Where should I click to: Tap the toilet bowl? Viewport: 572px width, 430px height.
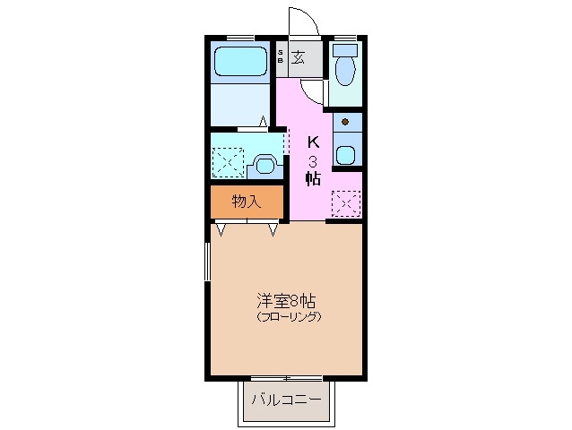[345, 70]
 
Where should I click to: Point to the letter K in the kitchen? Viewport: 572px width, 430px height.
[313, 141]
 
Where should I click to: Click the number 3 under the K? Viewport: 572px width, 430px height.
[313, 160]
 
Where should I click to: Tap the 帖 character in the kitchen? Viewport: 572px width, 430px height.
[313, 179]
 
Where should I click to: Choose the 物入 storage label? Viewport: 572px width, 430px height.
[246, 201]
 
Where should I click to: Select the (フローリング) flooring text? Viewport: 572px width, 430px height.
[287, 317]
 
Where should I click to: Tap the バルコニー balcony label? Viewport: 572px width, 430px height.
[287, 399]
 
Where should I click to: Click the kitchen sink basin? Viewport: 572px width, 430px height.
[346, 152]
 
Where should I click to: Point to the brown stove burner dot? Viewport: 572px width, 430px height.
[345, 120]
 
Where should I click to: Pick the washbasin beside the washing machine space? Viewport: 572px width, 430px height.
[264, 164]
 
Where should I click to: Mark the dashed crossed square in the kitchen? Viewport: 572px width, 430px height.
[346, 204]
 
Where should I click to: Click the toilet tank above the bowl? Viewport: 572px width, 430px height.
[345, 49]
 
